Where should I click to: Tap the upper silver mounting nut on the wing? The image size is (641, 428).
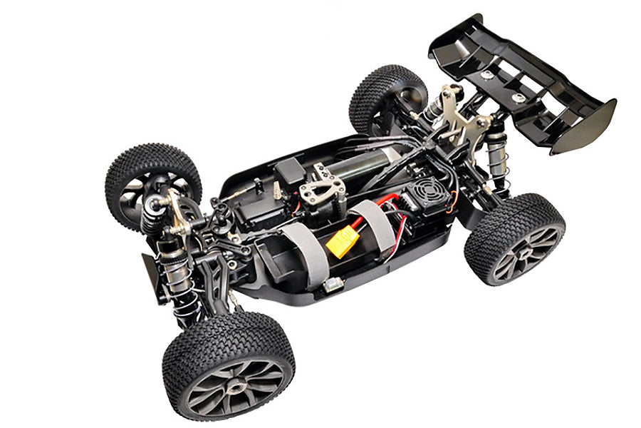[487, 73]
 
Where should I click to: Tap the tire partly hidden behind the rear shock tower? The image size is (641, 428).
[385, 96]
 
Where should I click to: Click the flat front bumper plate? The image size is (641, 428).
[152, 275]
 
